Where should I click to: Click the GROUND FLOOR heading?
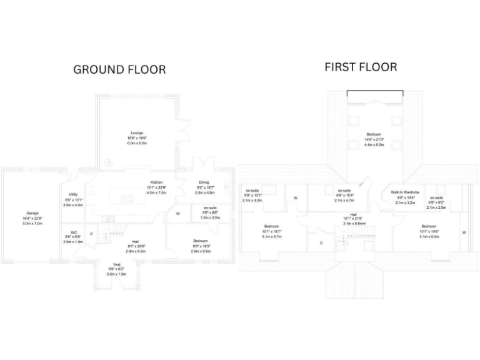(x=119, y=69)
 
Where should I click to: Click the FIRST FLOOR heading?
(x=361, y=67)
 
